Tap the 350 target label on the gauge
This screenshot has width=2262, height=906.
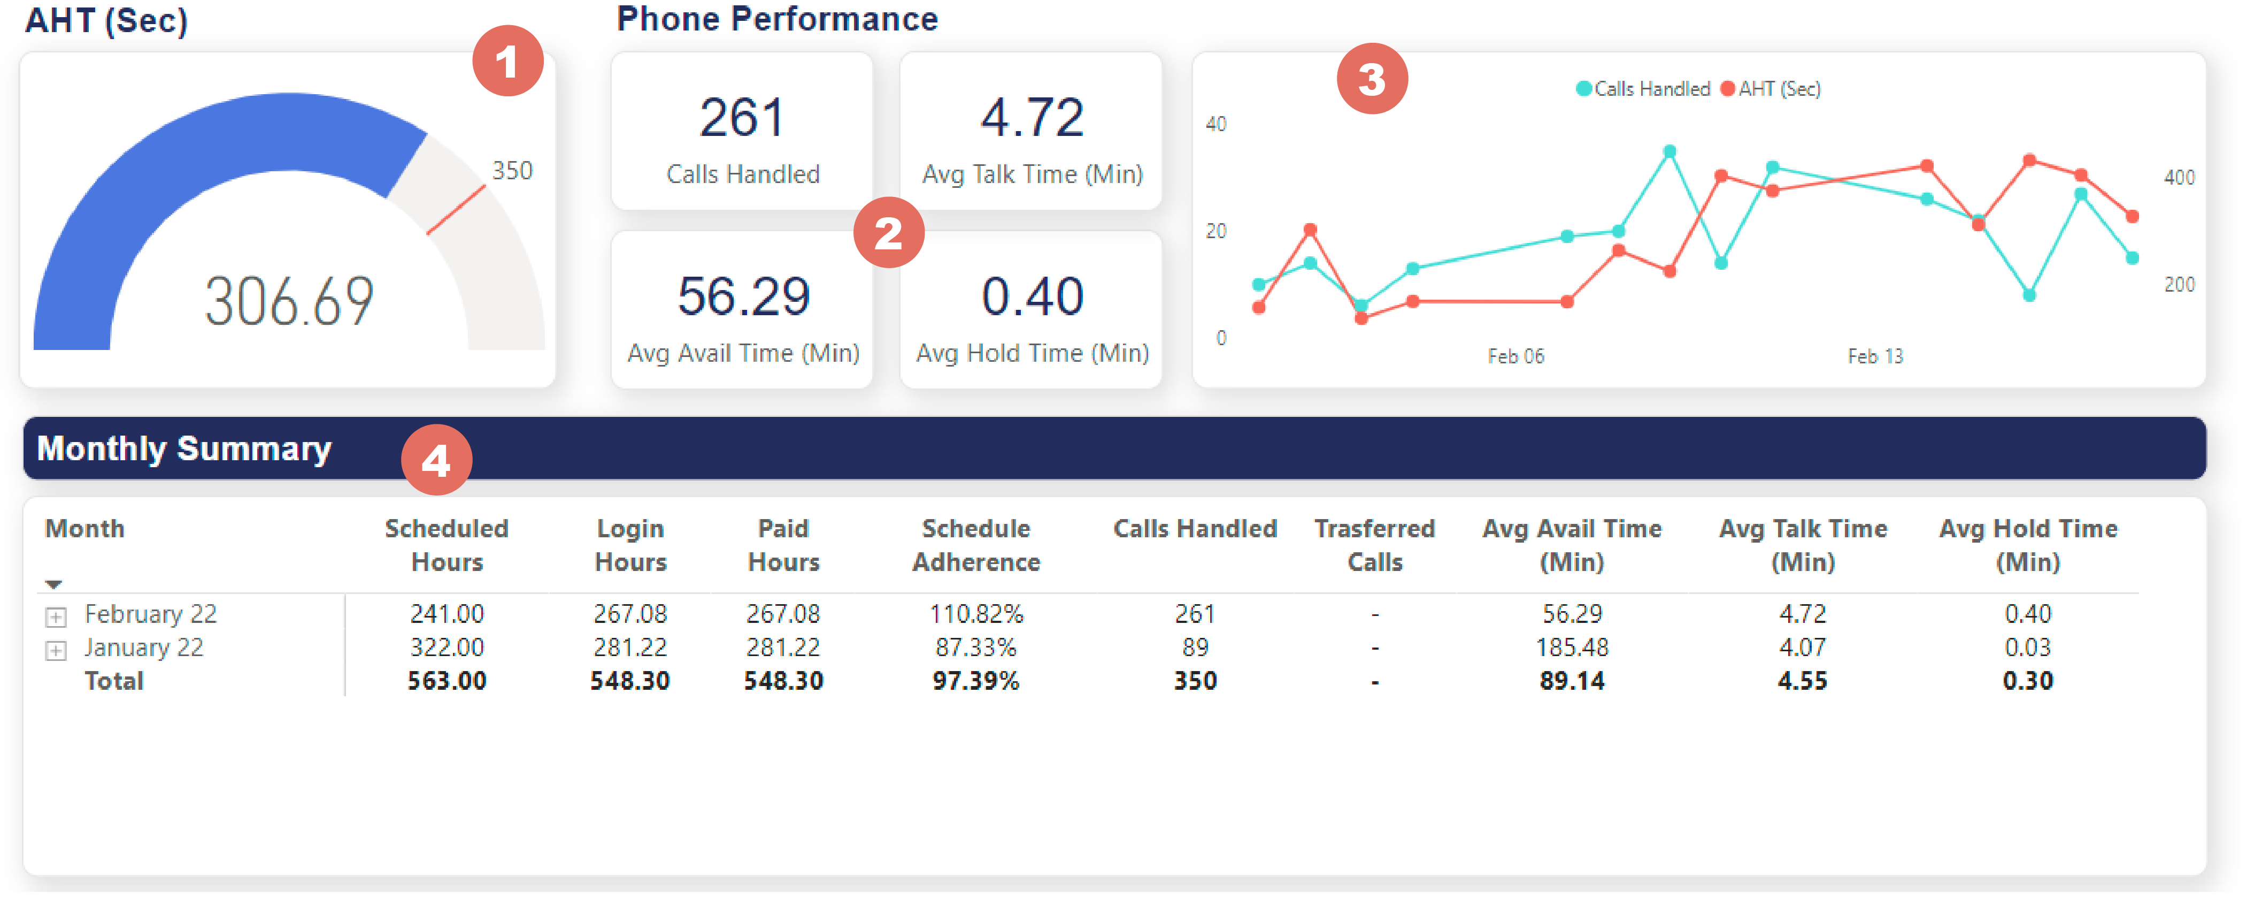tap(512, 171)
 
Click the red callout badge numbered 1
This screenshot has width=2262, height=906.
tap(507, 62)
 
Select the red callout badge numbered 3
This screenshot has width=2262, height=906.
tap(1372, 79)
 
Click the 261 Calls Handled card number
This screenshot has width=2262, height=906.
tap(742, 118)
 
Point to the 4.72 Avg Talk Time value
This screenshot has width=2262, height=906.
tap(1032, 118)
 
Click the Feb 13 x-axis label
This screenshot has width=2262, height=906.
tap(1875, 356)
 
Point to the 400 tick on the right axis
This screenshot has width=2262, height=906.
tap(2179, 178)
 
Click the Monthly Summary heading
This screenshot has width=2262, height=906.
tap(184, 449)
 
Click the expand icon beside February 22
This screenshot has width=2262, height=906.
tap(55, 617)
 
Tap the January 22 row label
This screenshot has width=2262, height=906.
tap(143, 648)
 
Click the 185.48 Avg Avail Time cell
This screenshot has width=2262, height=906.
tap(1572, 648)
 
